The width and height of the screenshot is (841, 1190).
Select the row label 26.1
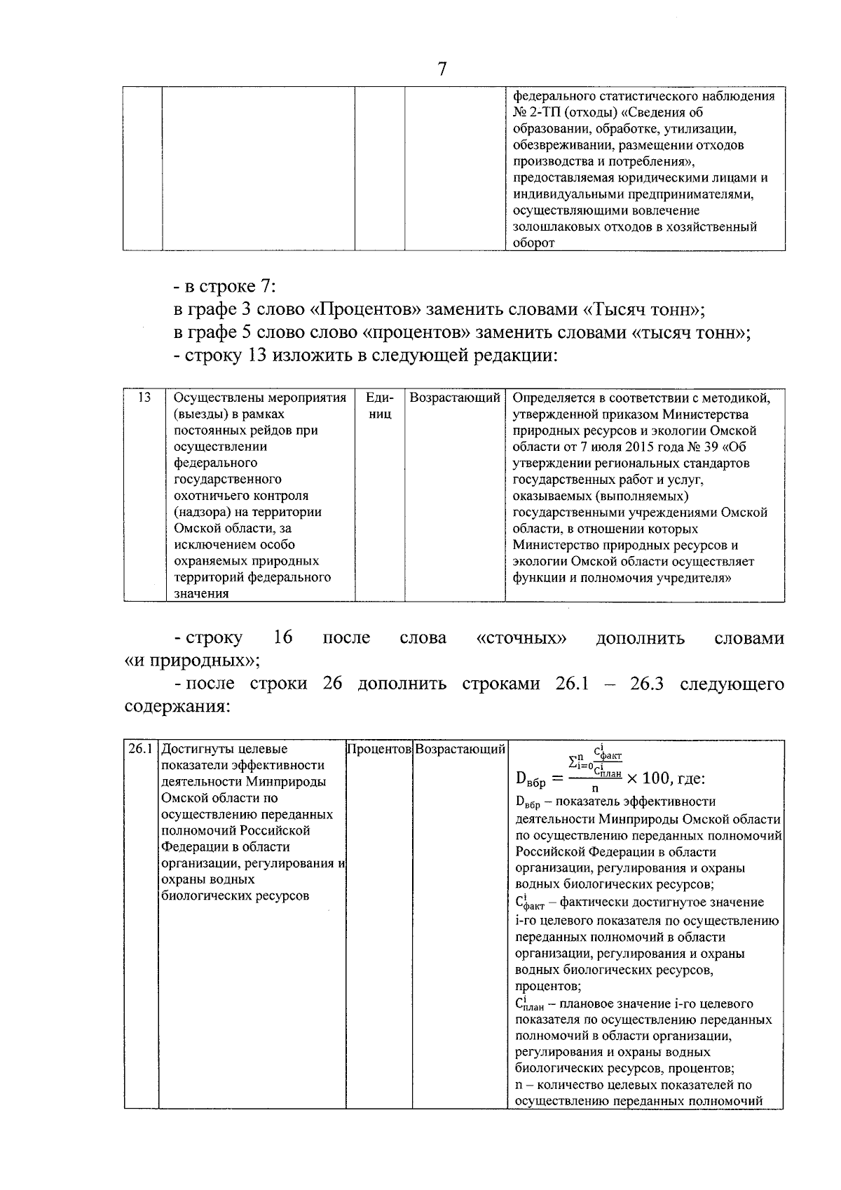141,749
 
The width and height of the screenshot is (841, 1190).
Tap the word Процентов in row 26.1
379,750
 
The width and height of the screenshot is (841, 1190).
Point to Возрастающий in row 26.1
460,750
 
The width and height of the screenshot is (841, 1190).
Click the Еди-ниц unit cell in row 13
379,406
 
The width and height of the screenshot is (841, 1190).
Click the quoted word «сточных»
521,638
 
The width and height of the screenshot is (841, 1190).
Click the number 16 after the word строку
282,637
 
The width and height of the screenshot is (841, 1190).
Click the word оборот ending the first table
533,243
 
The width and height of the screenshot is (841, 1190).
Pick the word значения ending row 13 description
201,594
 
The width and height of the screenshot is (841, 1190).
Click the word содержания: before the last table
177,706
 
